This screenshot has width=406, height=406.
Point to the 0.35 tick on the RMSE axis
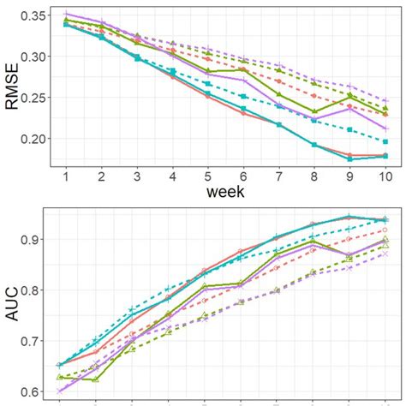tap(33, 16)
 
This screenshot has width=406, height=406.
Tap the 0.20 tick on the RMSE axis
tap(33, 139)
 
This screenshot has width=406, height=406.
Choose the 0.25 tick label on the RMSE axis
tap(33, 98)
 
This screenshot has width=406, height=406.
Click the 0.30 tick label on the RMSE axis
tap(33, 57)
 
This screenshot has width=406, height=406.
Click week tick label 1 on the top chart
tap(66, 175)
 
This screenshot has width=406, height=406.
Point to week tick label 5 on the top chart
tap(207, 175)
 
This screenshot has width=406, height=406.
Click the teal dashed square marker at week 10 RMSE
tap(385, 141)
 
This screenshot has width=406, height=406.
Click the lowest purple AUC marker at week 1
tap(59, 391)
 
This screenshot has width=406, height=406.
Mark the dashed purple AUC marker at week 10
tap(385, 254)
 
